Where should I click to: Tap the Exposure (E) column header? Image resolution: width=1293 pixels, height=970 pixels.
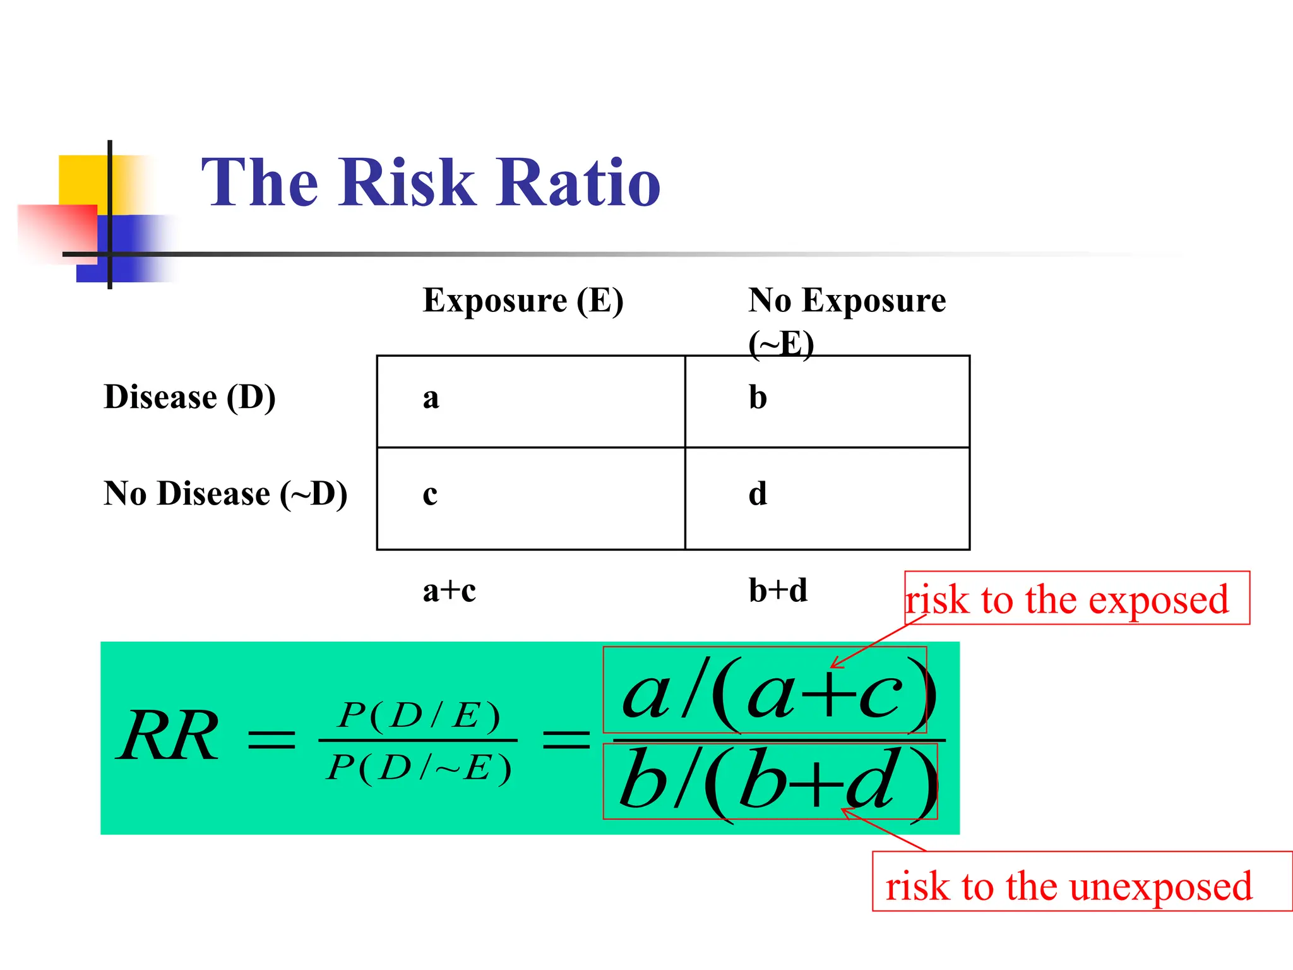coord(523,301)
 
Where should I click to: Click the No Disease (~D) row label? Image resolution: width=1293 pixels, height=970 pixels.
coord(225,494)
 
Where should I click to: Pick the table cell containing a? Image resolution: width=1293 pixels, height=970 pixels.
coord(530,401)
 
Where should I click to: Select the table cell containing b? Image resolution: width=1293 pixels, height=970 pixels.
coord(827,401)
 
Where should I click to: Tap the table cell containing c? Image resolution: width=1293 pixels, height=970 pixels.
coord(530,498)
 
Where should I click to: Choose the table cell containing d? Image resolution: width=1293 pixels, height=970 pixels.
coord(827,498)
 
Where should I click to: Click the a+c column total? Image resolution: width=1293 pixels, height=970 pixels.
coord(449,591)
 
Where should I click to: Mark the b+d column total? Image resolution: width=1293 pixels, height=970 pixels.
coord(778,591)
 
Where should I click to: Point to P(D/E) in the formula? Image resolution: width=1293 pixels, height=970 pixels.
coord(419,716)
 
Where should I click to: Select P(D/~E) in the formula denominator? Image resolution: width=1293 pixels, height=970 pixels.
coord(419,768)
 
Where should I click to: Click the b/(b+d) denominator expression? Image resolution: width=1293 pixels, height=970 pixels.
coord(770,782)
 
